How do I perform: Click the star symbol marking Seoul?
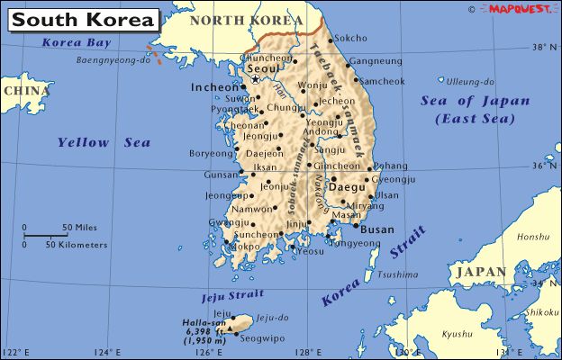[255, 79]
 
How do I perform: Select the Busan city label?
[376, 230]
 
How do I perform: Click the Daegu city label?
[346, 187]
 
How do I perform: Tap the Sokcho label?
[350, 39]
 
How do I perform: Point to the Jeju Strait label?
[233, 295]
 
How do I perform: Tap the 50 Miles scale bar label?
[79, 227]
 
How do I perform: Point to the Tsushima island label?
[397, 274]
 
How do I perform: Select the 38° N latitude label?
[543, 48]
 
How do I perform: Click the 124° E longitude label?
[107, 352]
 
